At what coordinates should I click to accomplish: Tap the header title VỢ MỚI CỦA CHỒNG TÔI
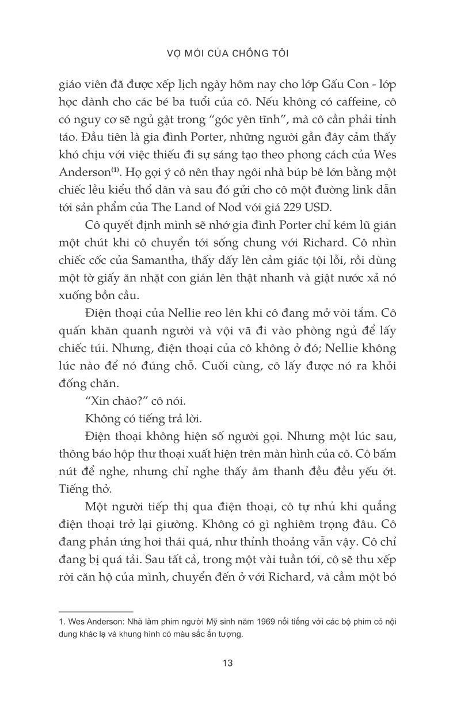(x=230, y=53)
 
